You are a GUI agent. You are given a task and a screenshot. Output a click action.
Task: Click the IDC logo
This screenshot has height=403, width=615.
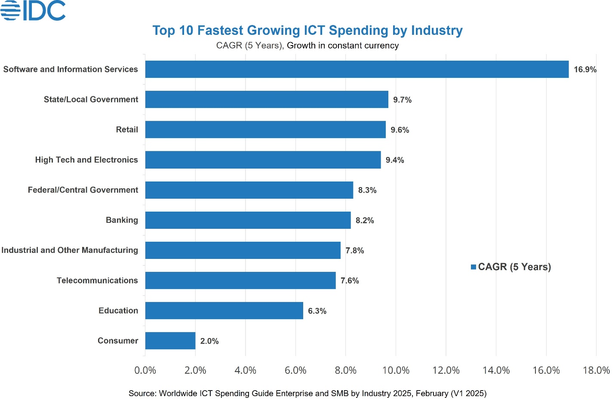click(33, 10)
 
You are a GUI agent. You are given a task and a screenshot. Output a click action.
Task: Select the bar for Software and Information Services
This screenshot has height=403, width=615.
click(357, 69)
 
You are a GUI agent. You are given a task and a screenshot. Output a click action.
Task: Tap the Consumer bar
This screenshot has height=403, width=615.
click(170, 341)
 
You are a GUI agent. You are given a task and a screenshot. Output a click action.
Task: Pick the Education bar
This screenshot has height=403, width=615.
click(224, 311)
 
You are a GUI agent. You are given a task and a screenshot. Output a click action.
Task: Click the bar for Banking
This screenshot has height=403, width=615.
click(248, 220)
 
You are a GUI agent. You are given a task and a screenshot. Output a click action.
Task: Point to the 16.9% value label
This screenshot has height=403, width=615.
click(585, 70)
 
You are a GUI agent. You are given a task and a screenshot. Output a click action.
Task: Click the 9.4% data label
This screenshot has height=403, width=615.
click(395, 160)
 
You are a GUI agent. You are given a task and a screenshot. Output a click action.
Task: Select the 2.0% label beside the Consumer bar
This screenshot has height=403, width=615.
click(209, 341)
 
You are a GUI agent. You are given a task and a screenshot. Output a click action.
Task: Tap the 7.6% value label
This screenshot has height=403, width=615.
click(350, 281)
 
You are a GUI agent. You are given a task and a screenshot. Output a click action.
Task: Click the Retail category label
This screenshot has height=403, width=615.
click(127, 129)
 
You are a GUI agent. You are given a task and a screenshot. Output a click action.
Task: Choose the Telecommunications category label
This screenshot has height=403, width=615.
click(97, 280)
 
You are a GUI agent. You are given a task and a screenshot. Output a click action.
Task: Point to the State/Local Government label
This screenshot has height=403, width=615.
click(91, 99)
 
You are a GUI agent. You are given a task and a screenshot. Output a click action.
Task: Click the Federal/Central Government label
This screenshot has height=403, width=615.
click(83, 190)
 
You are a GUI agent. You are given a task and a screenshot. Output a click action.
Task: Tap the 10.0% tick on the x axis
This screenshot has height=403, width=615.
click(396, 370)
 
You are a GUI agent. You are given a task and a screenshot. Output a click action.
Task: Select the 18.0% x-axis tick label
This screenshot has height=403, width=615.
click(596, 370)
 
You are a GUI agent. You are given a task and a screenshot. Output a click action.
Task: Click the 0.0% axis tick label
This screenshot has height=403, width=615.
click(145, 370)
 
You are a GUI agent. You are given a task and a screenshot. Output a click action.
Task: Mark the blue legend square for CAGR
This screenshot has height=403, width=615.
click(474, 267)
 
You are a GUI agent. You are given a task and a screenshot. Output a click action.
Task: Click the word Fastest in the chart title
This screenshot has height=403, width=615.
click(221, 31)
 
